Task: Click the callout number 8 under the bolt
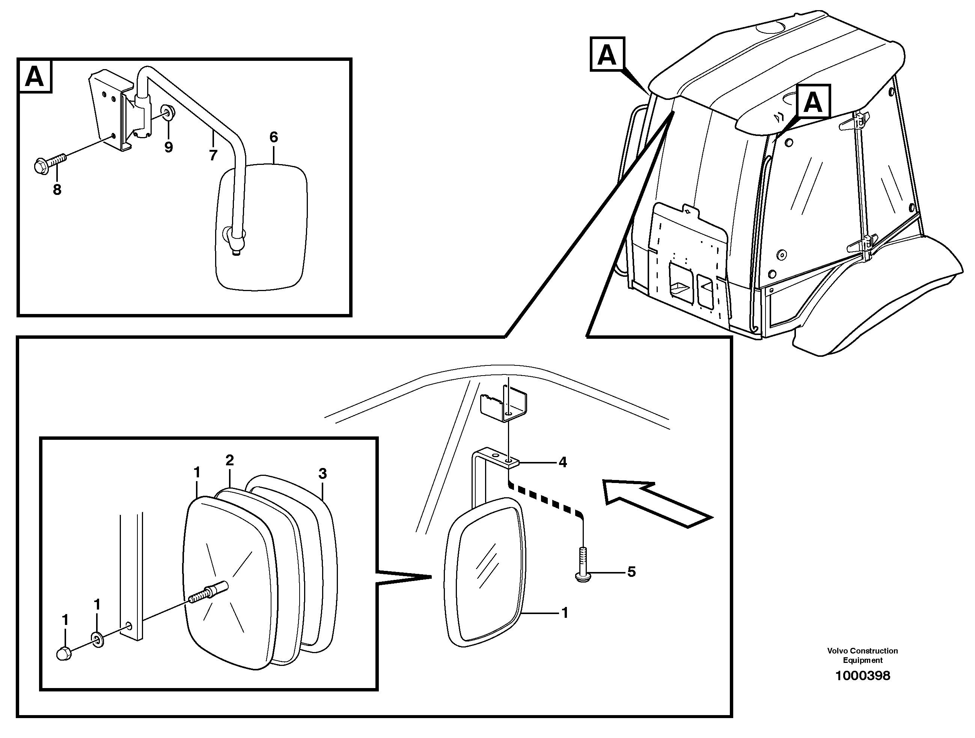pyautogui.click(x=57, y=190)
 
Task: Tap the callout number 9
pyautogui.click(x=169, y=147)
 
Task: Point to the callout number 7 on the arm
pyautogui.click(x=213, y=155)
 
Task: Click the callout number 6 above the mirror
pyautogui.click(x=274, y=137)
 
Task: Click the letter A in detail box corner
pyautogui.click(x=35, y=77)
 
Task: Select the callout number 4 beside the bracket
pyautogui.click(x=563, y=462)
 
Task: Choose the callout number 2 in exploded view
pyautogui.click(x=230, y=460)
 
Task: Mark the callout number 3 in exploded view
pyautogui.click(x=322, y=474)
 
